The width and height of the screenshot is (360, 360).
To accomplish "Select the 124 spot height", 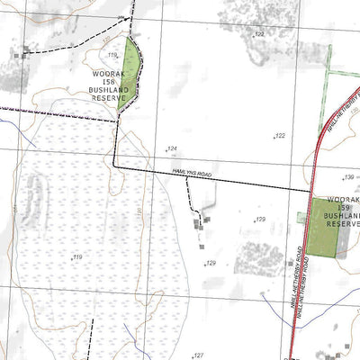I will coord(171,148).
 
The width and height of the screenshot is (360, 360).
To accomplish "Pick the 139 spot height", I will coord(348,178).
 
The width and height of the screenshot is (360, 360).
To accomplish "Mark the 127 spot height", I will coord(199,355).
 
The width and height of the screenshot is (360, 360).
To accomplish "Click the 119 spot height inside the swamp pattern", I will coord(77,257).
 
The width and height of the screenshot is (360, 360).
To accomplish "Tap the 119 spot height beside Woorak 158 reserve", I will coord(112,55).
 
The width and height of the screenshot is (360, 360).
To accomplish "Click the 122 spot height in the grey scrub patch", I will coord(259,33).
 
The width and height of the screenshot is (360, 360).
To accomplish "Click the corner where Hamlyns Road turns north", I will coord(113,164).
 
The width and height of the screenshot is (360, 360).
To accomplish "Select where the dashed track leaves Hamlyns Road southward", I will coord(185,177).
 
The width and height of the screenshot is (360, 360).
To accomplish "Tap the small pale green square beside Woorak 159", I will coord(301,217).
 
